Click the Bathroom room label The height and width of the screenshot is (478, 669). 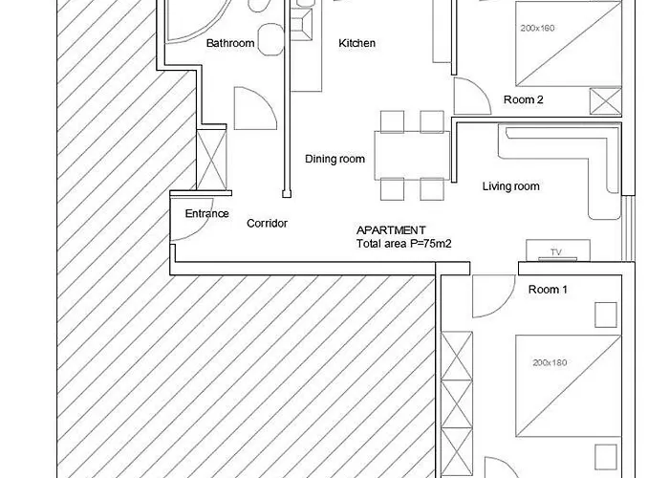tap(230, 43)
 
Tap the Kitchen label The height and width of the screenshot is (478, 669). tap(357, 43)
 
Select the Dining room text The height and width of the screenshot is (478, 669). tap(334, 160)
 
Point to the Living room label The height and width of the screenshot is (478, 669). tap(510, 186)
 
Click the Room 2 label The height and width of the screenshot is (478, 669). tap(524, 99)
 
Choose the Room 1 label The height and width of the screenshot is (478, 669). tap(548, 290)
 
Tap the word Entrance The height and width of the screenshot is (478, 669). tap(207, 213)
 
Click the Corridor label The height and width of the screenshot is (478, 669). tap(267, 223)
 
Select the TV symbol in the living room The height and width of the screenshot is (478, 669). tap(558, 250)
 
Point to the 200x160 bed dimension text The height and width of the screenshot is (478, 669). tap(537, 28)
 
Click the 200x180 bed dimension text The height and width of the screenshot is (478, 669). tap(550, 362)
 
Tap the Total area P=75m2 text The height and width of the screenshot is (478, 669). tap(404, 244)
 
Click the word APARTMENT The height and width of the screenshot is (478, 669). tap(391, 230)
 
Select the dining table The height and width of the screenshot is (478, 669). tap(412, 155)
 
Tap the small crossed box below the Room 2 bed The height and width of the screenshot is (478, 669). tap(606, 101)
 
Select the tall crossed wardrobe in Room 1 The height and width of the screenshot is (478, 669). tap(457, 404)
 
